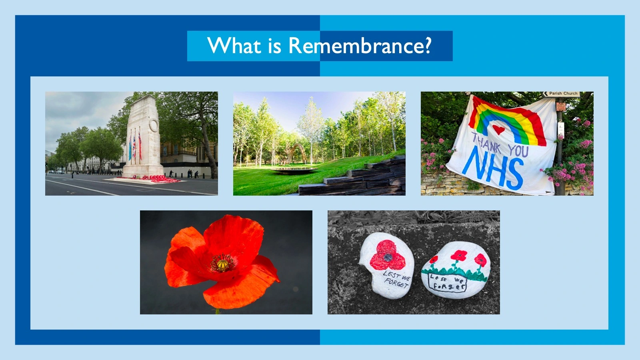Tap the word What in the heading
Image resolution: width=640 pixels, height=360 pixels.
(x=234, y=46)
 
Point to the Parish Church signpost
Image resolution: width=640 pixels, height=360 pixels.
(x=561, y=94)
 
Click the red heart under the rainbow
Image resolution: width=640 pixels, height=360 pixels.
(x=498, y=130)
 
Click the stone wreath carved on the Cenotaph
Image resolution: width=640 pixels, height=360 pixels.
(x=154, y=125)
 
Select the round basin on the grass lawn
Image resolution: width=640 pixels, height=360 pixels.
(x=294, y=170)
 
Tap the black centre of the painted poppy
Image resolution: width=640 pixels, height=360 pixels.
(x=388, y=258)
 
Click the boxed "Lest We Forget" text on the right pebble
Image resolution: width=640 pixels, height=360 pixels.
(x=447, y=283)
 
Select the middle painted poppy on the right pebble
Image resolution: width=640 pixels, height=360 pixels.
(x=458, y=256)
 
